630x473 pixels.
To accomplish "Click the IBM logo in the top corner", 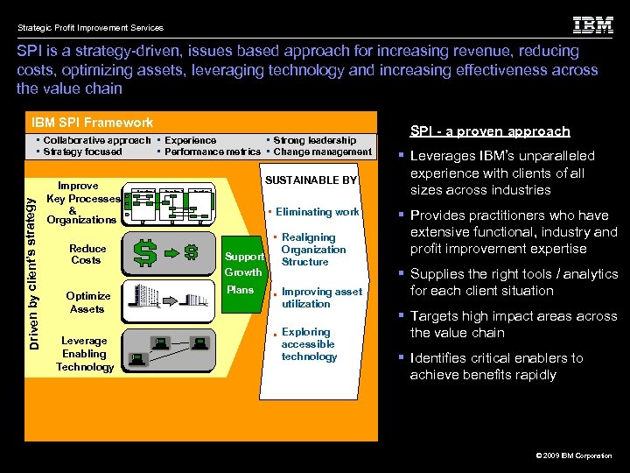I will coord(592,25).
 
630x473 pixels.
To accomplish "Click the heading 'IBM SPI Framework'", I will coord(92,123).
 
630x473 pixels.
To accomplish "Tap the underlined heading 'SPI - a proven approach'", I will coord(490,131).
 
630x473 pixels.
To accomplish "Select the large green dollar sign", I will coord(145,253).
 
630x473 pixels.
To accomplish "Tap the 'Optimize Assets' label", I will coord(87,302).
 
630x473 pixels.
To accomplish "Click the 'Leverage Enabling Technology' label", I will coord(85,354).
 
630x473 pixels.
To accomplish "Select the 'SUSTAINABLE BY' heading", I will coord(311,180).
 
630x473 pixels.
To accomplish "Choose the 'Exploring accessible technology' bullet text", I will coord(309,344).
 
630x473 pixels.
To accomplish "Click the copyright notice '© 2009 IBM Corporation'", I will coord(573,456).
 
